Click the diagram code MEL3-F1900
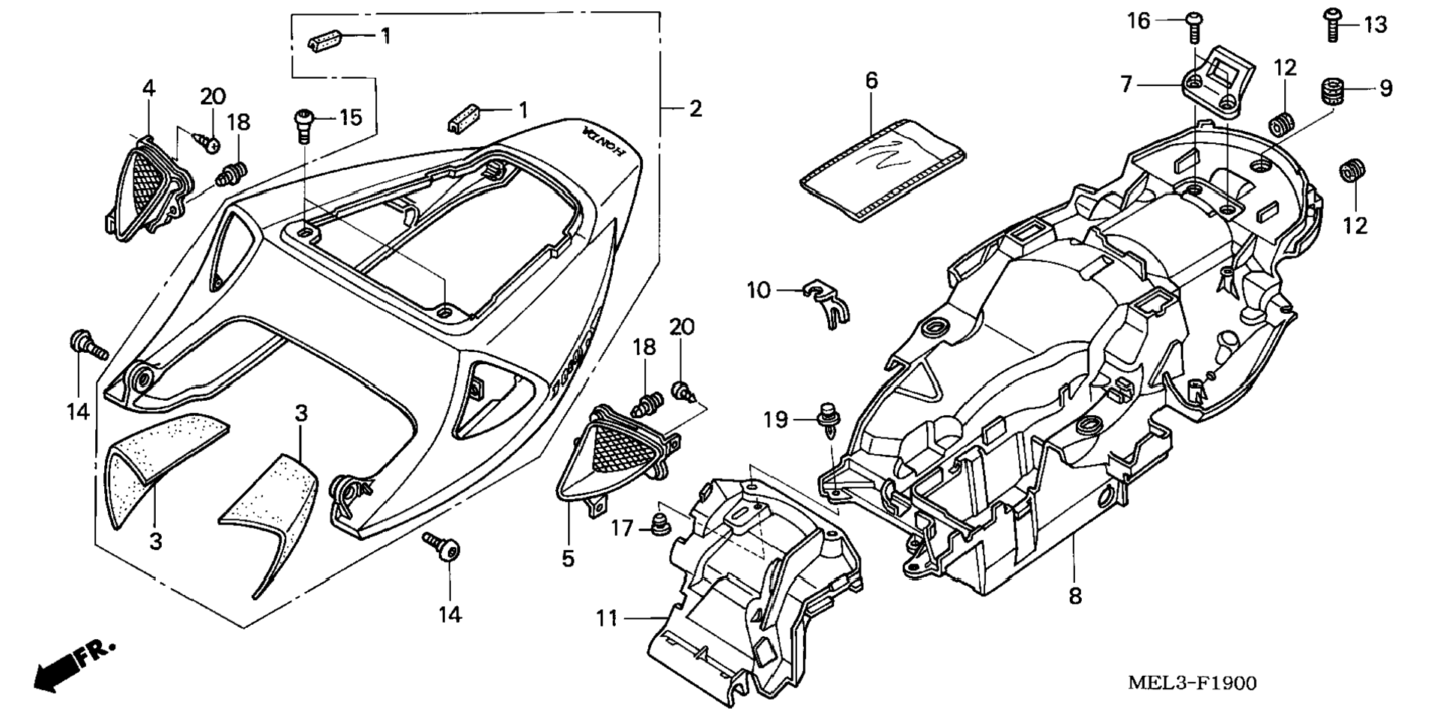pyautogui.click(x=1192, y=683)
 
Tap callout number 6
pyautogui.click(x=871, y=80)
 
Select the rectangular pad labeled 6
pyautogui.click(x=880, y=170)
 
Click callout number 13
pyautogui.click(x=1374, y=25)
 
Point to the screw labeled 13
pyautogui.click(x=1332, y=24)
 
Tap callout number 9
pyautogui.click(x=1385, y=88)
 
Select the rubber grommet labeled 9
pyautogui.click(x=1331, y=92)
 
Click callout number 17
pyautogui.click(x=621, y=529)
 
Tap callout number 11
pyautogui.click(x=606, y=618)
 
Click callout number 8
pyautogui.click(x=1075, y=596)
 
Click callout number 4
pyautogui.click(x=149, y=88)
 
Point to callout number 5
pyautogui.click(x=568, y=558)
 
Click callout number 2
pyautogui.click(x=695, y=109)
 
